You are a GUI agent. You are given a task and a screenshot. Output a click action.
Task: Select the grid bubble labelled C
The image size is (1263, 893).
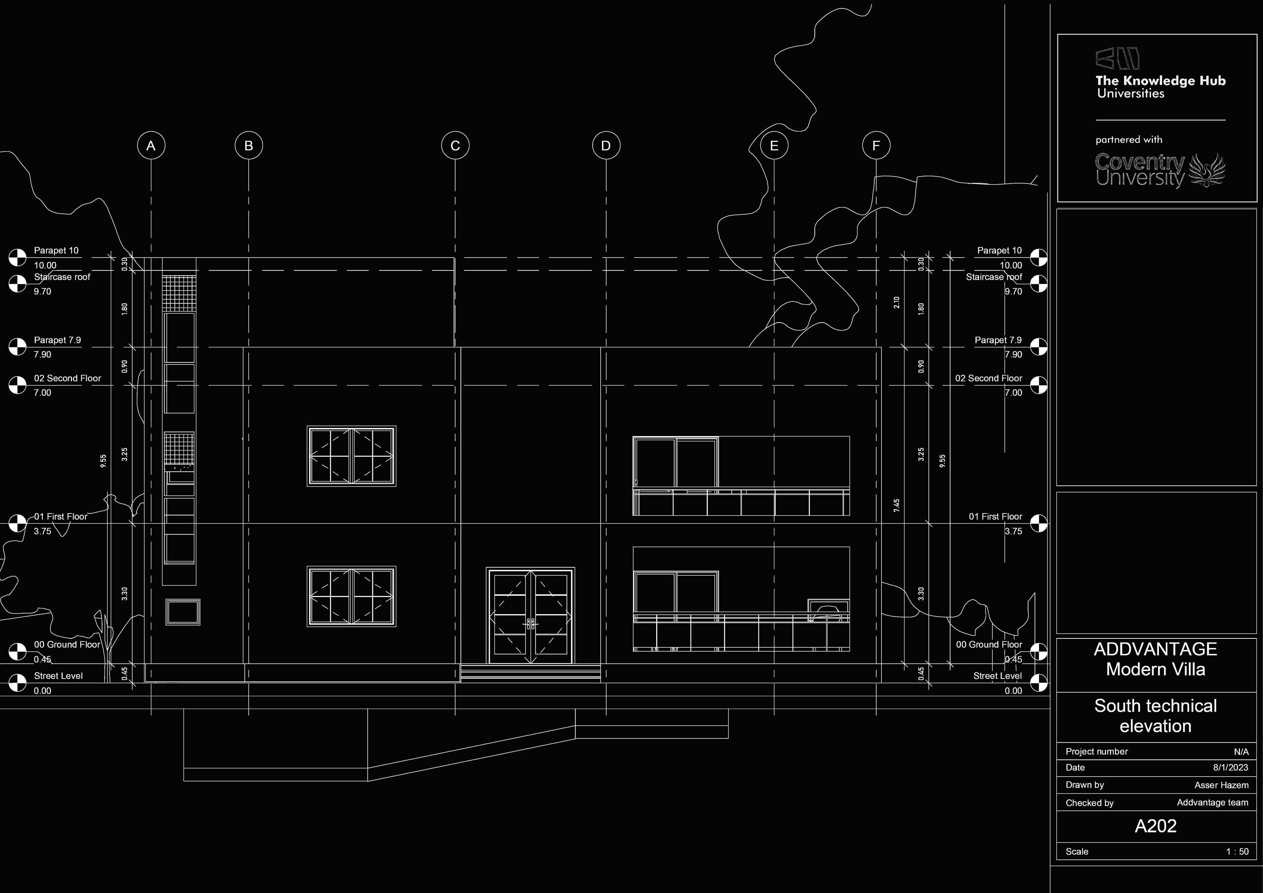[x=455, y=146]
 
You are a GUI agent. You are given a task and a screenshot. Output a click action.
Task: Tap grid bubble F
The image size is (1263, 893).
[x=876, y=146]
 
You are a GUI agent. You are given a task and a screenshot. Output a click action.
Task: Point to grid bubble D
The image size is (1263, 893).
[x=606, y=146]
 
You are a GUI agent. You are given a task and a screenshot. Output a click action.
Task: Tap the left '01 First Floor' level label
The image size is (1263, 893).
[x=61, y=517]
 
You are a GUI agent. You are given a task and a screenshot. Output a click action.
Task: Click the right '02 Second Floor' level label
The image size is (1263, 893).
[x=988, y=379]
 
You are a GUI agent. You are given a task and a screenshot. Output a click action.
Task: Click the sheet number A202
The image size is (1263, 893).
[x=1155, y=826]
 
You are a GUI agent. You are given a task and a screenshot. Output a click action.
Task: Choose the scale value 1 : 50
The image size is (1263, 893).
[x=1237, y=851]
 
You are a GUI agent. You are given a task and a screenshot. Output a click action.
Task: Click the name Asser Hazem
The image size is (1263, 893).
[x=1221, y=785]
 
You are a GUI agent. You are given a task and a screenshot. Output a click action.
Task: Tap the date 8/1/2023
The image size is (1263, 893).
[x=1230, y=768]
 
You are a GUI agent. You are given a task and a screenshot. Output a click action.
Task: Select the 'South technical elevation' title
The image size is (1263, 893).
[x=1155, y=716]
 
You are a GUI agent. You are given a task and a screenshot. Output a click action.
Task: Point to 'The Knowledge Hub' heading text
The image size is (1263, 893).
[x=1160, y=81]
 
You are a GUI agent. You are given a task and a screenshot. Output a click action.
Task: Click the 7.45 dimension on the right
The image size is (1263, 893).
[x=897, y=506]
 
